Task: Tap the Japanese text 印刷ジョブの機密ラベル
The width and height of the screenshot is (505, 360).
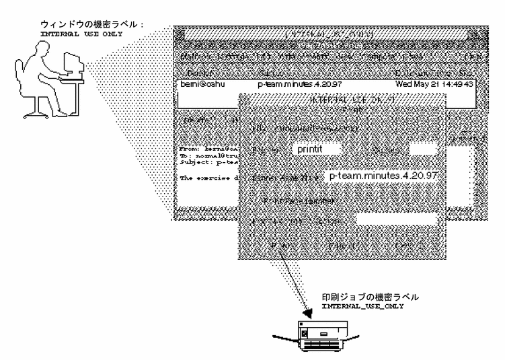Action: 364,296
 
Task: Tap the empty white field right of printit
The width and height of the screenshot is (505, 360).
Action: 423,149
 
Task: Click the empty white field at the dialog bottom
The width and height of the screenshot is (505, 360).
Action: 397,219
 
